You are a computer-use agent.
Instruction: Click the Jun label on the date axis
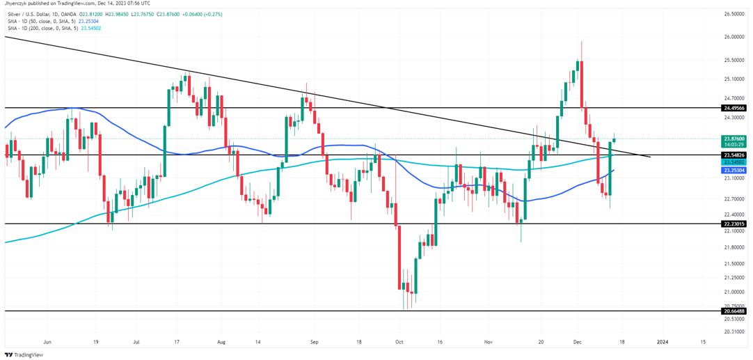click(x=47, y=342)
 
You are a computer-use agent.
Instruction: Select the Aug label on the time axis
click(x=221, y=342)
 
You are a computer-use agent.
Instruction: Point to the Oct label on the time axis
click(x=399, y=342)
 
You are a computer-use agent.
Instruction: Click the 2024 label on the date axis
click(x=663, y=342)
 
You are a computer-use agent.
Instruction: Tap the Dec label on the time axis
click(x=577, y=342)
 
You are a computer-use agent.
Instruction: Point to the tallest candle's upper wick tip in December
click(x=581, y=41)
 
